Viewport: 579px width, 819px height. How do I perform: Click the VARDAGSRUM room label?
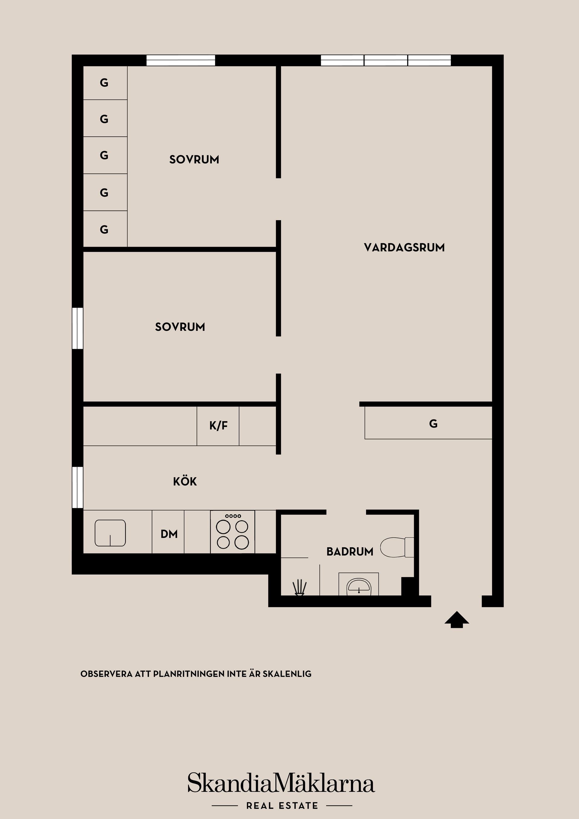(x=404, y=248)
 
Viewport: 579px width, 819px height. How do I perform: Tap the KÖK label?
(x=185, y=482)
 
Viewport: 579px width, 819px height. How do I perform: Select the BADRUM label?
(x=350, y=552)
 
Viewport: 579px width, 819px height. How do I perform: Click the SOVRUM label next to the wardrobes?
(x=194, y=160)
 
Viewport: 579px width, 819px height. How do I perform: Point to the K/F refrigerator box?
(x=218, y=425)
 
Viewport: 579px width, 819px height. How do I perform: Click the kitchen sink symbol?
(x=110, y=533)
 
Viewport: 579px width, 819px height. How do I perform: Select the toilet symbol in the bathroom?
(x=396, y=547)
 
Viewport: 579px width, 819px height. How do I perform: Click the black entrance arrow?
(x=457, y=619)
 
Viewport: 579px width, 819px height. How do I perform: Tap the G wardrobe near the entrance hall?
(x=433, y=424)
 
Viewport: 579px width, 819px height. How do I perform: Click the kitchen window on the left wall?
(x=78, y=487)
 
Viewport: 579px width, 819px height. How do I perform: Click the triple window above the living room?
(x=386, y=60)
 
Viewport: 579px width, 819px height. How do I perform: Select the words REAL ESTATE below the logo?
(x=282, y=805)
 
